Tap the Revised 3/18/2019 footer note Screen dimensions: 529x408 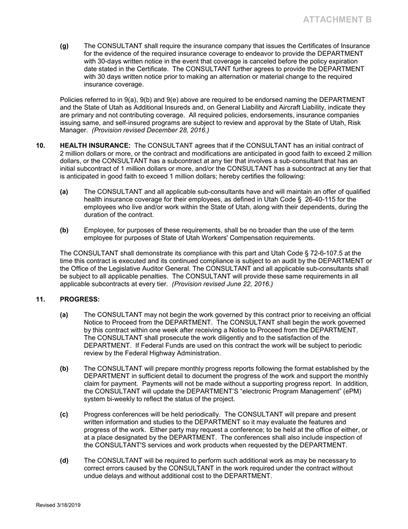[x=58, y=505]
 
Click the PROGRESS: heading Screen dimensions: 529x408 [x=79, y=299]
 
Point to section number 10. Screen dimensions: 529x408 [x=40, y=145]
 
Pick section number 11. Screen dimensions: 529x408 [x=40, y=299]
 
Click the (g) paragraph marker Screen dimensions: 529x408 [x=64, y=46]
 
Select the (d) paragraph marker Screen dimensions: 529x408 [x=64, y=461]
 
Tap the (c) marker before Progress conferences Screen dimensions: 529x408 [x=64, y=415]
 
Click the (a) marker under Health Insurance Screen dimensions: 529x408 [x=64, y=192]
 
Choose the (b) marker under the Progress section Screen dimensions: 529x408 [x=64, y=369]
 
